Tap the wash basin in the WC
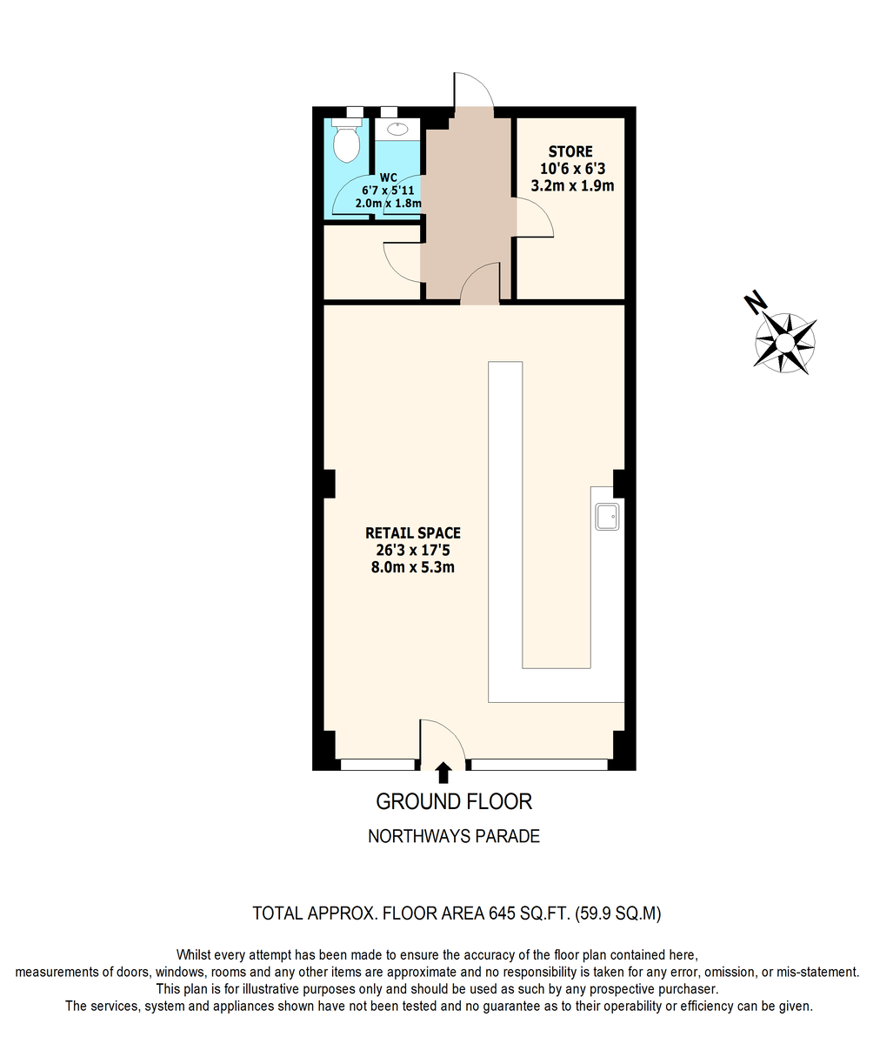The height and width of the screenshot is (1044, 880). point(397,129)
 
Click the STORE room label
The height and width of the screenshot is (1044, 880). point(570,151)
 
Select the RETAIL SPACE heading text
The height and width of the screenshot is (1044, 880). point(413,533)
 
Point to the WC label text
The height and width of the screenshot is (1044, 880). point(389,177)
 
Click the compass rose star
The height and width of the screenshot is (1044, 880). point(785,344)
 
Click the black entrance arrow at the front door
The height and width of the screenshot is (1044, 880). point(443,773)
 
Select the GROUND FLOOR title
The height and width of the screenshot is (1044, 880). point(454,802)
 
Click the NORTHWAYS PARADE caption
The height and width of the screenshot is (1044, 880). point(454,836)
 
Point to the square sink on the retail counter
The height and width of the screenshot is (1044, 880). point(607,517)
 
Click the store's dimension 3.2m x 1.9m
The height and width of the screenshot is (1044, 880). point(572,186)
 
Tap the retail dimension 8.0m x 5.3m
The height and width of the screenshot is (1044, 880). point(413,567)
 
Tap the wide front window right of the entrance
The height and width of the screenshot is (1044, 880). point(539,765)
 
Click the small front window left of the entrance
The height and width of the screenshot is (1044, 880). point(377,765)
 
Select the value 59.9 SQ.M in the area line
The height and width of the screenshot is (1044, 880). point(618,913)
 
